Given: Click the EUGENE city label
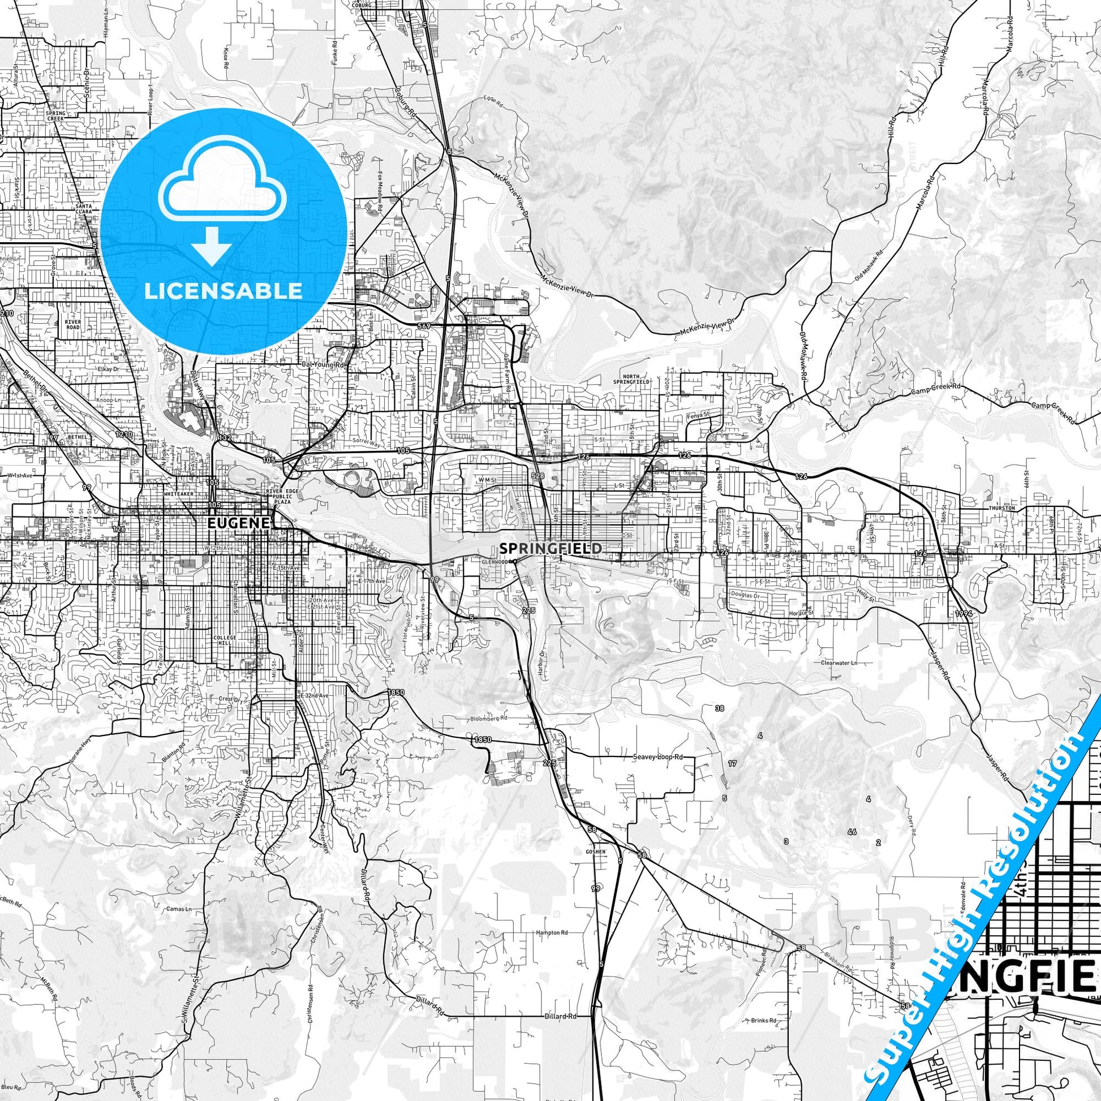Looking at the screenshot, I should tap(238, 523).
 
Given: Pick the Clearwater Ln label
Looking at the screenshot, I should tap(839, 663).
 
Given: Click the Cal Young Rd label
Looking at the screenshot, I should tap(324, 365).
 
